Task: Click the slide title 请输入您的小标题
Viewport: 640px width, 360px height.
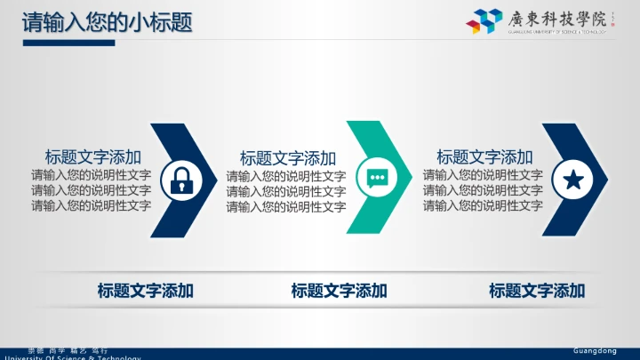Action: pos(107,21)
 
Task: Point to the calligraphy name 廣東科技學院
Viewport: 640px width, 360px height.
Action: pos(556,17)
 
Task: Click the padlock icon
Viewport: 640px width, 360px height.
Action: pos(181,180)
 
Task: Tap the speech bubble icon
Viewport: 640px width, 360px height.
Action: pos(378,177)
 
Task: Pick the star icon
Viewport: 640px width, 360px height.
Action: pos(573,180)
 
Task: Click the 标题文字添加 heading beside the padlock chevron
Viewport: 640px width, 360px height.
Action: pos(93,156)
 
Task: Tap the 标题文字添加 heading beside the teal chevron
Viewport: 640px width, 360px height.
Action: pos(288,158)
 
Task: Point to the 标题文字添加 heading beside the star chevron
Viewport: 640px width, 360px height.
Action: pos(484,156)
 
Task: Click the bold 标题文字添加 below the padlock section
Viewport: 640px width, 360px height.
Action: pos(145,290)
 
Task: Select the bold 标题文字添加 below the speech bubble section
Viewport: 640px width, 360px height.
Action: pos(339,290)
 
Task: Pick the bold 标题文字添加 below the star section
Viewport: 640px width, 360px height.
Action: pos(537,290)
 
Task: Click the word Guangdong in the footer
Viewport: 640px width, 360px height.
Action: pos(595,351)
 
